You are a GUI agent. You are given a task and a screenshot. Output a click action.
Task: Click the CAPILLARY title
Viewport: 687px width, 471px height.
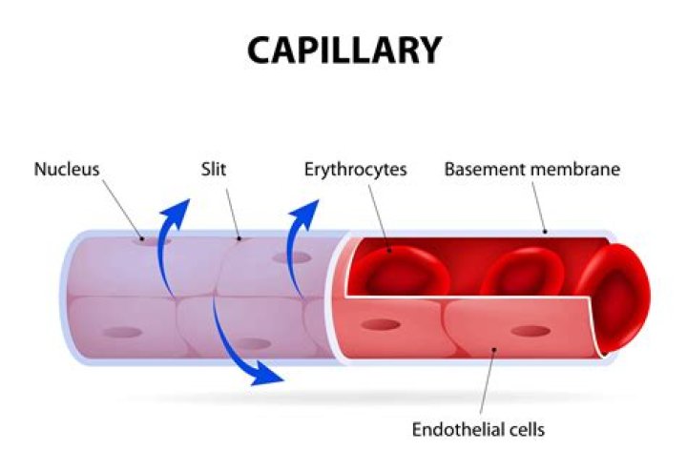[344, 50]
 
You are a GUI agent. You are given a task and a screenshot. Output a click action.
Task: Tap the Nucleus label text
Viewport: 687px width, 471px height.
[67, 171]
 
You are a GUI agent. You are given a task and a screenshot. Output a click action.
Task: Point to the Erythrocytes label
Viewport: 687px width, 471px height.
[356, 171]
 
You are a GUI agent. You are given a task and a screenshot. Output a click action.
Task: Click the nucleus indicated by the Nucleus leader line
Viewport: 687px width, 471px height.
[153, 240]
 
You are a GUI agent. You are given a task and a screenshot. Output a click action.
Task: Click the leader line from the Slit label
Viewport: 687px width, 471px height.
[233, 210]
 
